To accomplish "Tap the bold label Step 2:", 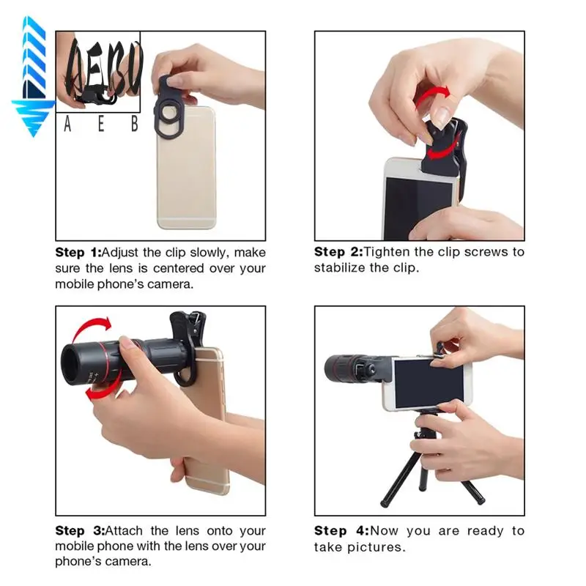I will pos(338,252).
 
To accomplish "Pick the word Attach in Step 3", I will pos(129,530).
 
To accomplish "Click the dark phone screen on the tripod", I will pos(430,384).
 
